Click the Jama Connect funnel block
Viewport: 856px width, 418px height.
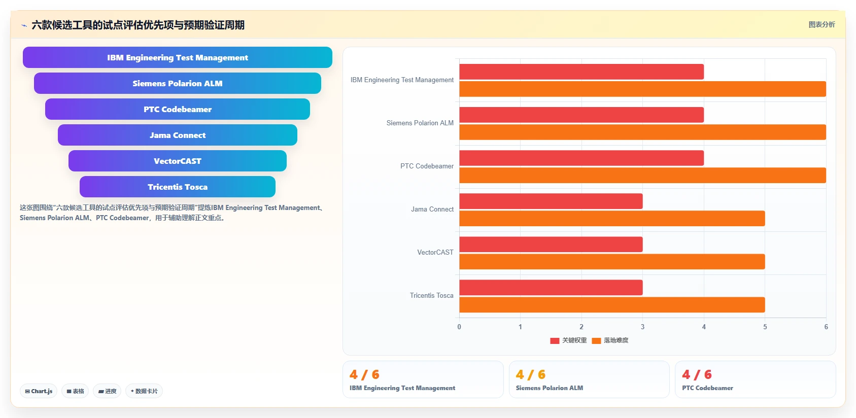(x=177, y=135)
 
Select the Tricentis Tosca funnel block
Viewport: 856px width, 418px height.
(x=177, y=187)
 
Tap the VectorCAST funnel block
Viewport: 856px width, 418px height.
(x=177, y=161)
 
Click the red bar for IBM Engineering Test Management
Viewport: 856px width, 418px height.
(x=581, y=72)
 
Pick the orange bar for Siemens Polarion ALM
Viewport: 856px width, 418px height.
(x=642, y=132)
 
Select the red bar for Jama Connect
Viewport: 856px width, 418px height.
(x=551, y=201)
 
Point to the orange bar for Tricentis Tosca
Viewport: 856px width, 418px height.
(x=612, y=305)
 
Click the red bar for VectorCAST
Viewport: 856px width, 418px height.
(x=551, y=245)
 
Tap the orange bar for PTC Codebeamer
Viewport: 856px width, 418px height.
(x=642, y=176)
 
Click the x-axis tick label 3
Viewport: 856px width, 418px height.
(x=642, y=327)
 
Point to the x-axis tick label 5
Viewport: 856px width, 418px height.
(x=765, y=327)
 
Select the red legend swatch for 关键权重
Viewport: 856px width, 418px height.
(x=555, y=341)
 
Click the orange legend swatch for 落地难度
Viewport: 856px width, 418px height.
(x=596, y=341)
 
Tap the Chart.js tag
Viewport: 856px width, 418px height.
(x=39, y=391)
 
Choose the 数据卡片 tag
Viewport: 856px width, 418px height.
(x=144, y=391)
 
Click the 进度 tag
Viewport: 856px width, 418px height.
(x=107, y=391)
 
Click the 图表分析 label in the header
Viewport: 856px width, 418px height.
(x=821, y=24)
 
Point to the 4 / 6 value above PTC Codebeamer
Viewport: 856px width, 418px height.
(x=697, y=374)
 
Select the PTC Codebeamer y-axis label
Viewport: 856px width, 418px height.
(x=427, y=166)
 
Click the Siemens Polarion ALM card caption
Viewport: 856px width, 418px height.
(x=549, y=388)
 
